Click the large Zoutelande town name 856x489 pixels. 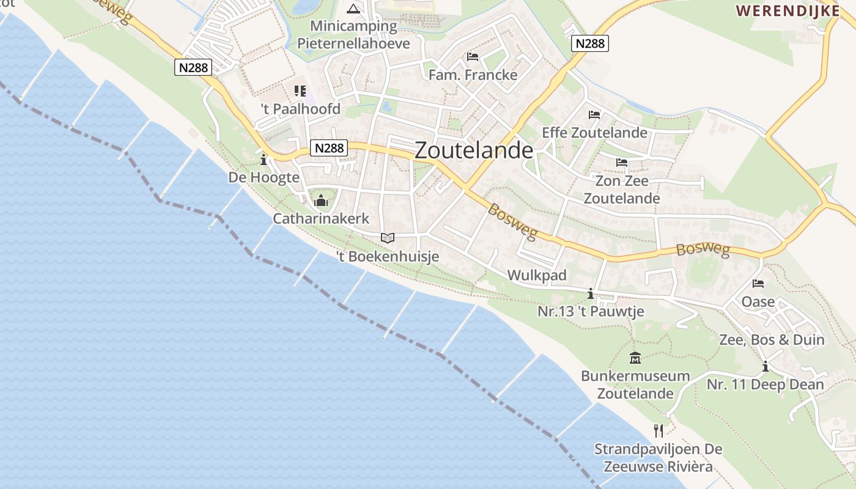474,151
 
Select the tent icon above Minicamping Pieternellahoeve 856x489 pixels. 353,9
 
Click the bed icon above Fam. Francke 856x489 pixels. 473,57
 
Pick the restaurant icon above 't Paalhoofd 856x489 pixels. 300,91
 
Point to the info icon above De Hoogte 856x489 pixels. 264,160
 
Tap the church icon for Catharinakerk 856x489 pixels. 321,200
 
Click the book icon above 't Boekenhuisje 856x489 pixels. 388,238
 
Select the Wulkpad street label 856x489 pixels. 537,275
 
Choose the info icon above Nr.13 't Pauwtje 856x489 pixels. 591,294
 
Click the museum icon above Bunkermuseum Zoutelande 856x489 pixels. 635,358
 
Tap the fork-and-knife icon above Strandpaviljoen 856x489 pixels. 658,431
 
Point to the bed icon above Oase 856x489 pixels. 758,284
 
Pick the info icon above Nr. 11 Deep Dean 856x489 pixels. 765,367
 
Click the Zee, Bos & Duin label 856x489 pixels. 772,340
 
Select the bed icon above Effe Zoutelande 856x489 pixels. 594,114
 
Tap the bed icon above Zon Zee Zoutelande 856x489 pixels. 622,163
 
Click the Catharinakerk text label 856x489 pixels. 321,218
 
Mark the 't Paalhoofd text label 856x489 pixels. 300,109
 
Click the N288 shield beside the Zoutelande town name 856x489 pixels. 329,148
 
